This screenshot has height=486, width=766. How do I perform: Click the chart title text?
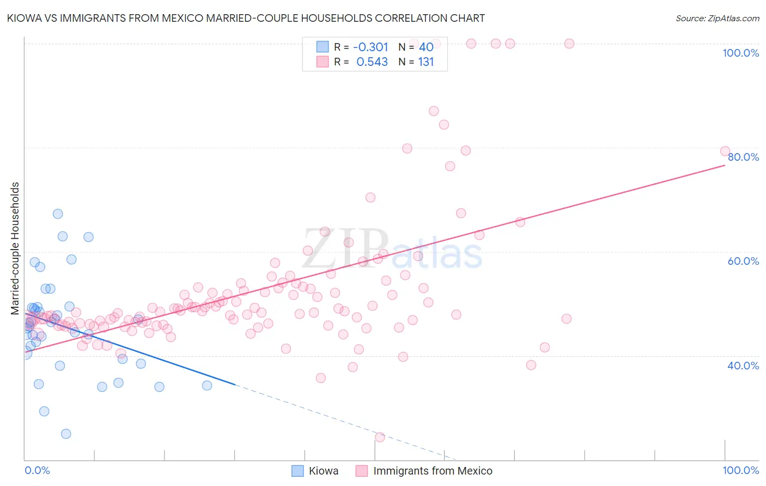pyautogui.click(x=245, y=18)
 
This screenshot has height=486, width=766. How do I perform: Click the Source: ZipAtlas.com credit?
pyautogui.click(x=717, y=18)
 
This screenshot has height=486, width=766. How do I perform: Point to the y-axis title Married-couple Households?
pyautogui.click(x=15, y=248)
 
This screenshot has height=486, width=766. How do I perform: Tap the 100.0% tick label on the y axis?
pyautogui.click(x=740, y=53)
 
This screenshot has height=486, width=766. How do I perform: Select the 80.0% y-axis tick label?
pyautogui.click(x=743, y=157)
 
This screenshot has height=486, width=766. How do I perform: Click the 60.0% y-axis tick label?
pyautogui.click(x=743, y=261)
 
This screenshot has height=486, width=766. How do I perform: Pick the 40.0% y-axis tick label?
pyautogui.click(x=743, y=366)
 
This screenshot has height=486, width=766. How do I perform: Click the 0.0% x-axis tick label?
pyautogui.click(x=38, y=470)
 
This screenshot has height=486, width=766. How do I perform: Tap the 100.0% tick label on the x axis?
pyautogui.click(x=740, y=470)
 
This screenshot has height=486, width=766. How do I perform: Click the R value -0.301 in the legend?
pyautogui.click(x=370, y=47)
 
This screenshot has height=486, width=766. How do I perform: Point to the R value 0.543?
pyautogui.click(x=372, y=62)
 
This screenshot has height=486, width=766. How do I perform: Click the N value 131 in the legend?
pyautogui.click(x=425, y=62)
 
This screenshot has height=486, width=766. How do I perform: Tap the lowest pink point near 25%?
pyautogui.click(x=380, y=437)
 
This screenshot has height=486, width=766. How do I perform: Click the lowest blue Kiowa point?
pyautogui.click(x=66, y=434)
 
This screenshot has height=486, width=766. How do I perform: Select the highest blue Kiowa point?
pyautogui.click(x=58, y=214)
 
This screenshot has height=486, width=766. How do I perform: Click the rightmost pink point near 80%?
pyautogui.click(x=725, y=151)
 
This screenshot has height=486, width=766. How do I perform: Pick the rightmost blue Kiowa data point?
pyautogui.click(x=207, y=385)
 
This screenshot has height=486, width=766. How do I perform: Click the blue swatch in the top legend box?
pyautogui.click(x=323, y=47)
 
